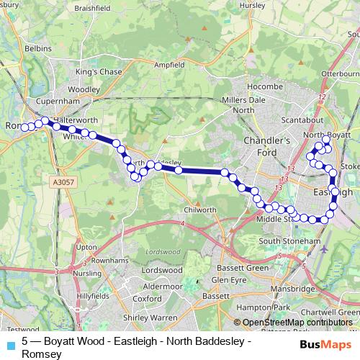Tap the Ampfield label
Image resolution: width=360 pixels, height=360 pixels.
(169, 64)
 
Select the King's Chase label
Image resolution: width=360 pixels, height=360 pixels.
(99, 72)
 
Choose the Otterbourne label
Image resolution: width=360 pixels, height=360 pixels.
(341, 73)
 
